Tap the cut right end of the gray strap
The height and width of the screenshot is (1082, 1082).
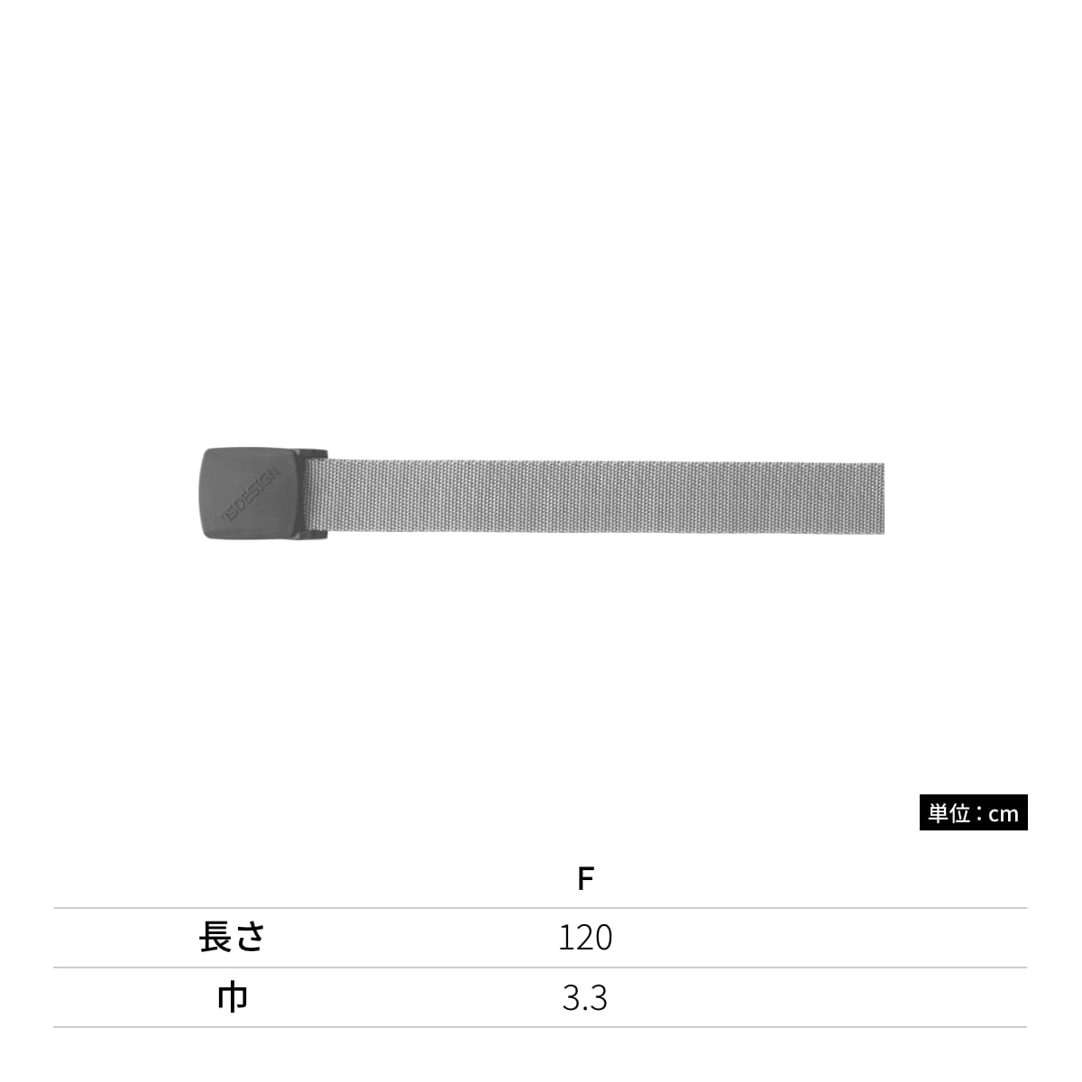coord(883,498)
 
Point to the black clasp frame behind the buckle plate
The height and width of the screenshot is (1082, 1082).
coord(316,493)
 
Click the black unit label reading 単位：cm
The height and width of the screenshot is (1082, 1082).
coord(973,812)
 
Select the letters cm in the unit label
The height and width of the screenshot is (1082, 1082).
coord(1004,814)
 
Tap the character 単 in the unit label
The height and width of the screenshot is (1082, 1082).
coord(938,813)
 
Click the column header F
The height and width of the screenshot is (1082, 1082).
coord(586,879)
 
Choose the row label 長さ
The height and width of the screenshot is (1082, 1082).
coord(232,937)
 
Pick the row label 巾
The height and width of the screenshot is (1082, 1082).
coord(233,997)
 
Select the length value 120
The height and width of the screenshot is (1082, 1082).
coord(585,938)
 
